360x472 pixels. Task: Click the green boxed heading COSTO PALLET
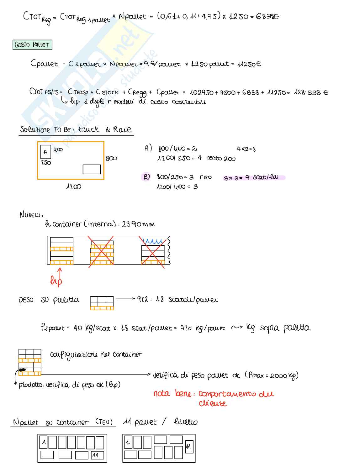[x=32, y=45]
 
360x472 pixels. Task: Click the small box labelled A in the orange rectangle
[x=45, y=152]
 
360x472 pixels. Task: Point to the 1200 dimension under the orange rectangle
[x=74, y=187]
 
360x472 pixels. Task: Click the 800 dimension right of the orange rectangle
[x=111, y=159]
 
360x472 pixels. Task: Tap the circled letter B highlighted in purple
[x=146, y=177]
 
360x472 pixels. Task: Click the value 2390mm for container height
[x=138, y=224]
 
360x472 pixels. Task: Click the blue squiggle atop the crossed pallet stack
[x=153, y=241]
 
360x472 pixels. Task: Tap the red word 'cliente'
[x=212, y=403]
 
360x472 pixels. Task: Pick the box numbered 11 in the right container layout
[x=189, y=447]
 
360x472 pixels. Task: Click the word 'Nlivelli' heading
[x=31, y=215]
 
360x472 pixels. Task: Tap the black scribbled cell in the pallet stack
[x=22, y=370]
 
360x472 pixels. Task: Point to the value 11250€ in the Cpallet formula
[x=249, y=64]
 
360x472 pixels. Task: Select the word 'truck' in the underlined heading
[x=89, y=129]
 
